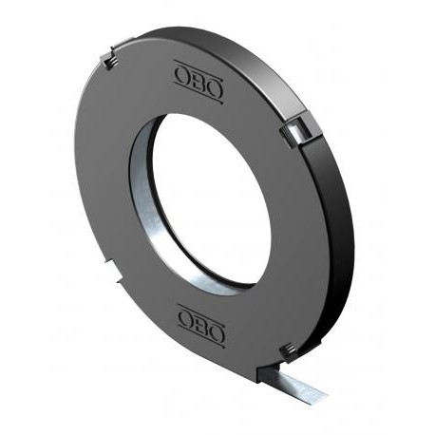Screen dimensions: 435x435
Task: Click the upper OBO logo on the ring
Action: click(x=199, y=83)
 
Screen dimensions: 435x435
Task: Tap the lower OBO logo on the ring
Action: click(x=202, y=327)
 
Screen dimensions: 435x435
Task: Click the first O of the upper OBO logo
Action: click(x=182, y=76)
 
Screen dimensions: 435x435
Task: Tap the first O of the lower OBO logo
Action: click(x=186, y=320)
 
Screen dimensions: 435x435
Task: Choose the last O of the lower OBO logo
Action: click(x=217, y=334)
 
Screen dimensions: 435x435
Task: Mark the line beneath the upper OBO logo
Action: click(x=199, y=95)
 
